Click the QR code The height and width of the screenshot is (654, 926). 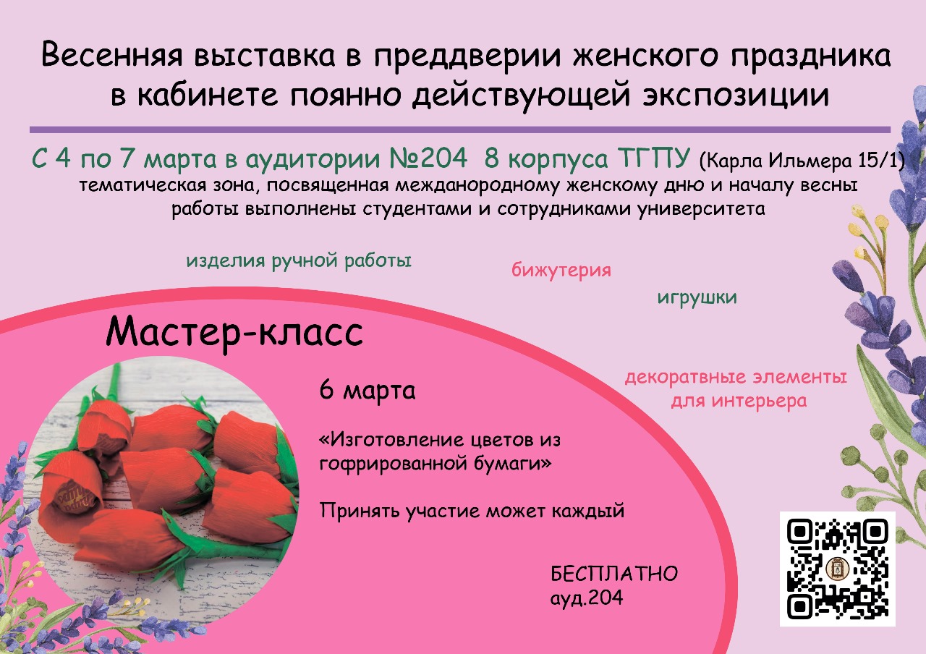[x=838, y=569]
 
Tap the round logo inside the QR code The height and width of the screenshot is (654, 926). [x=838, y=569]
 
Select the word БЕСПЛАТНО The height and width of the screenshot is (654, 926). [x=614, y=574]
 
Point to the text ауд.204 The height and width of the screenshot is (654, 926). [x=587, y=598]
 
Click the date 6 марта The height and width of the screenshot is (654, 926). [x=368, y=390]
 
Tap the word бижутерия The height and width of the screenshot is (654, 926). [x=561, y=271]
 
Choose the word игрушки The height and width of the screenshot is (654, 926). [x=697, y=297]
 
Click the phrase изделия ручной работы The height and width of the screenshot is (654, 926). [x=299, y=261]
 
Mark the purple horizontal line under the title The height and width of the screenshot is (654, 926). [x=460, y=129]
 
